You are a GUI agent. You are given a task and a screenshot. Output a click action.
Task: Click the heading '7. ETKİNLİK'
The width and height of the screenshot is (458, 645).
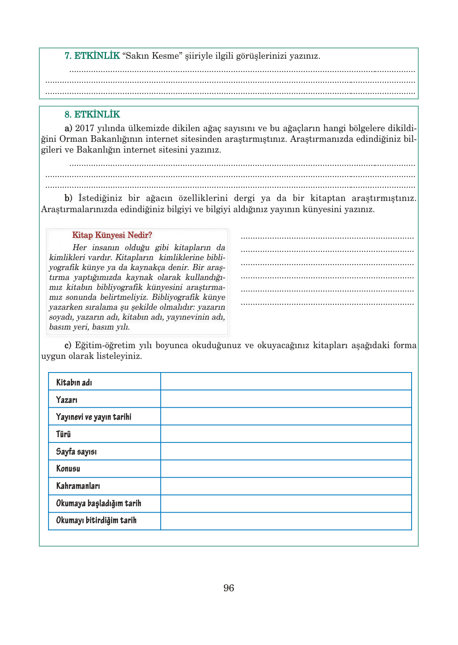(x=92, y=56)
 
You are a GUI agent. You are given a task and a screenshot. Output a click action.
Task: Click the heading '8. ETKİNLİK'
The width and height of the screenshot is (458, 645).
(x=92, y=115)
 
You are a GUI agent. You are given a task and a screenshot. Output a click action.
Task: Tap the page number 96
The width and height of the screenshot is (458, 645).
(x=229, y=588)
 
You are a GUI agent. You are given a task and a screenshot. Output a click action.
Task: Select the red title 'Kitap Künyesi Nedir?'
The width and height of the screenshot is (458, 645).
(x=112, y=235)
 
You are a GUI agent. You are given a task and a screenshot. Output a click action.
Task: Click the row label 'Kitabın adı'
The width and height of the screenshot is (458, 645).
(x=74, y=382)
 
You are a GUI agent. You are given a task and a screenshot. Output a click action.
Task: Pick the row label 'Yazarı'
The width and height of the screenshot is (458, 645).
(x=67, y=400)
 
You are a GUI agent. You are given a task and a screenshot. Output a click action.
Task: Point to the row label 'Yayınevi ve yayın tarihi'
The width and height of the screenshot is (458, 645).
(x=94, y=417)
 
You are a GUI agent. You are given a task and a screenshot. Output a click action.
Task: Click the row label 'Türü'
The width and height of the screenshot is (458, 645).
(x=63, y=434)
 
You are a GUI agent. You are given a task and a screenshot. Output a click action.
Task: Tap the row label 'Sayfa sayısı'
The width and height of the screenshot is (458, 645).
(x=76, y=451)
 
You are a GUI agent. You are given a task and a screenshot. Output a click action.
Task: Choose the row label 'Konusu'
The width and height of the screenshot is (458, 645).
(x=68, y=468)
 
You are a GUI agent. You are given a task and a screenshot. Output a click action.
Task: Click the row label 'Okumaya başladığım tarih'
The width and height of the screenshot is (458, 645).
(x=99, y=503)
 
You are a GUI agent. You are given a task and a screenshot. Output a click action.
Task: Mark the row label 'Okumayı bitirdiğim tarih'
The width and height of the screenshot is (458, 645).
(x=96, y=520)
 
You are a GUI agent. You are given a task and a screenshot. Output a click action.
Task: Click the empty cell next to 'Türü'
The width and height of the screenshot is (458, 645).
(x=286, y=434)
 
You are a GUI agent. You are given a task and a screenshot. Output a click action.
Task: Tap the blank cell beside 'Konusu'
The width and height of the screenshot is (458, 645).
(x=286, y=468)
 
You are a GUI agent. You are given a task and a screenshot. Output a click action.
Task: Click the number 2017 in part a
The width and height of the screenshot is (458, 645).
(x=84, y=129)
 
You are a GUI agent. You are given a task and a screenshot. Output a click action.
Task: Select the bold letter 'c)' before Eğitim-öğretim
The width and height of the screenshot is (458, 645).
(x=68, y=345)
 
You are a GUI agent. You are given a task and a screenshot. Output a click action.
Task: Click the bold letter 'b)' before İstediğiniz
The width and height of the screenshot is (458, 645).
(x=68, y=198)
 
